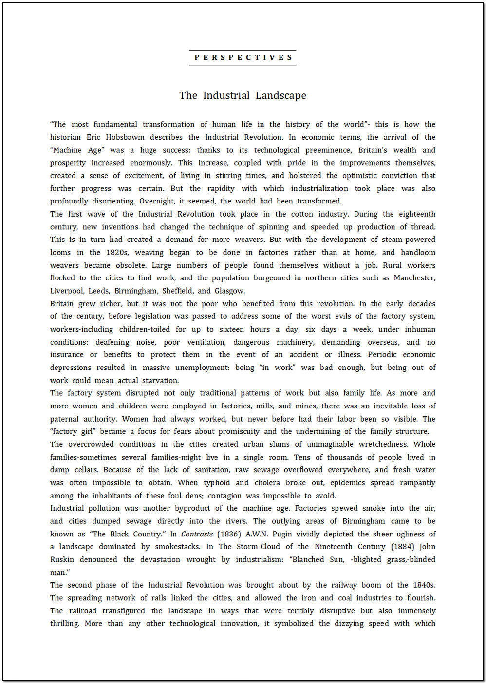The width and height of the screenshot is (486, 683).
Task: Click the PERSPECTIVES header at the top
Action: point(243,57)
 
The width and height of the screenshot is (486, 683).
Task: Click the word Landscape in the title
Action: point(281,95)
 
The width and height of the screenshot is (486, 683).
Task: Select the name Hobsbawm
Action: point(124,137)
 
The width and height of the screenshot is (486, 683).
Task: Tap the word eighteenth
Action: point(417,214)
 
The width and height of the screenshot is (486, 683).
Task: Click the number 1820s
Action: point(117,253)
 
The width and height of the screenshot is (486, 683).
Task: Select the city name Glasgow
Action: point(229,291)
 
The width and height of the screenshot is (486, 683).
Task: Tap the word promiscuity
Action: point(239,432)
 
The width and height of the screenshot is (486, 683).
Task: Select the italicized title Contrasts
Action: point(197,534)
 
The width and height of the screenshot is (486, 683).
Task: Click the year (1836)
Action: point(229,534)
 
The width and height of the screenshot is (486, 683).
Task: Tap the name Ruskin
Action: point(62,560)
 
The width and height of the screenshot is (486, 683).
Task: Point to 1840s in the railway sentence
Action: point(423,585)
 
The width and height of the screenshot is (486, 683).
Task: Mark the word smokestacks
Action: point(177,547)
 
